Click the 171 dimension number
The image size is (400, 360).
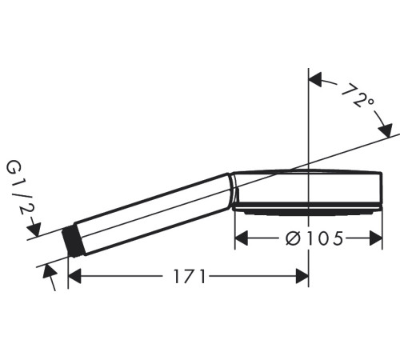(x=190, y=276)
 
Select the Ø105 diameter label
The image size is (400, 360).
(x=314, y=238)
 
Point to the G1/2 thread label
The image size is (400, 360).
(x=20, y=188)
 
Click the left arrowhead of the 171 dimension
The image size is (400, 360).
(x=74, y=276)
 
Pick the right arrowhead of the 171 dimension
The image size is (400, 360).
(x=302, y=276)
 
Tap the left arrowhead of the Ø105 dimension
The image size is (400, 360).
(x=241, y=238)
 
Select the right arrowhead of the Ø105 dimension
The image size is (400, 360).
(x=376, y=238)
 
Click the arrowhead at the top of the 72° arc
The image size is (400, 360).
(x=315, y=80)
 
